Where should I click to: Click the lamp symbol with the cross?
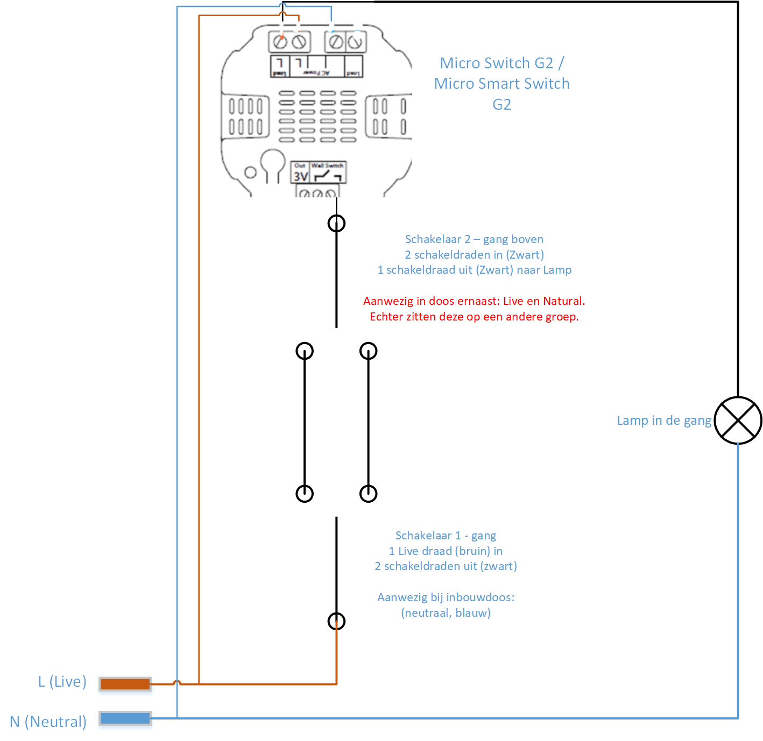(x=738, y=421)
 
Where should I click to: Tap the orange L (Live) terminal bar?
(x=125, y=684)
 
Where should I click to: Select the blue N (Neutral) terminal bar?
(x=125, y=718)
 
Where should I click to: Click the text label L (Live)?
(x=62, y=682)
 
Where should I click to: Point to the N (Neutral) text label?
(x=48, y=722)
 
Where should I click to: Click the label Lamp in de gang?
(x=664, y=421)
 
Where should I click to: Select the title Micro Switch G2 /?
(x=501, y=63)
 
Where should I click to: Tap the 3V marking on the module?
(x=300, y=176)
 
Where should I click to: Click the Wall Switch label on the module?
(x=327, y=166)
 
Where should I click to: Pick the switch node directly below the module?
(x=336, y=223)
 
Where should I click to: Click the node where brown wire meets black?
(x=336, y=622)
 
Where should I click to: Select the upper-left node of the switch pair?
(x=305, y=351)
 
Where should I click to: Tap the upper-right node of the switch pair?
(x=368, y=351)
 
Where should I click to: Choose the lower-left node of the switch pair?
(x=305, y=493)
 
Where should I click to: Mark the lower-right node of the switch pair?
(x=368, y=493)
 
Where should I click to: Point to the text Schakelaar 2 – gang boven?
(x=474, y=239)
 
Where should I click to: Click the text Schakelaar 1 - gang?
(x=446, y=536)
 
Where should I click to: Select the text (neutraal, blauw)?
(x=446, y=613)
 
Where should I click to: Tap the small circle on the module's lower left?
(x=250, y=173)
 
